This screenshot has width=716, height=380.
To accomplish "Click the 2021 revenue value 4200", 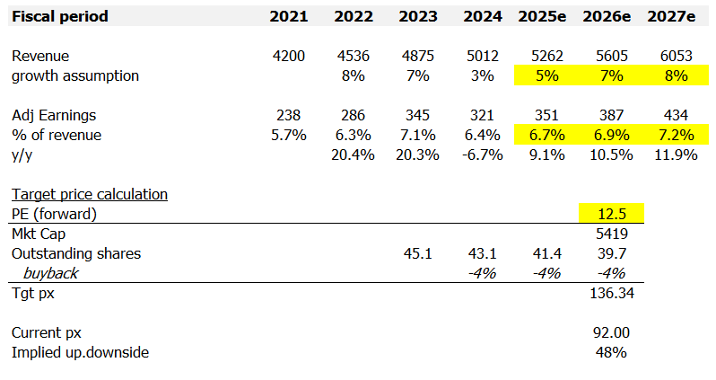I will pyautogui.click(x=289, y=57).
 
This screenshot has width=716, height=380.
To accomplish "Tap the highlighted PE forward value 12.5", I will pyautogui.click(x=611, y=214).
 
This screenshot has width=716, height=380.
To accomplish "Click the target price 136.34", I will pyautogui.click(x=611, y=294).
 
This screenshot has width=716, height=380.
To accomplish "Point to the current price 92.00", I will pyautogui.click(x=611, y=332).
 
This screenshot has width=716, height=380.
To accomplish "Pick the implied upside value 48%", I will pyautogui.click(x=611, y=352).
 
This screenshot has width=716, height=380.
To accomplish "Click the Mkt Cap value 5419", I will pyautogui.click(x=611, y=234).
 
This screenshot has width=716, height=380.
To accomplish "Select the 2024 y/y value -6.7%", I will pyautogui.click(x=483, y=155).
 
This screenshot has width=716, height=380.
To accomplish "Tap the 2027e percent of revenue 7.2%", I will pyautogui.click(x=675, y=135).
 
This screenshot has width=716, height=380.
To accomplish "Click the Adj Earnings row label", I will pyautogui.click(x=54, y=116).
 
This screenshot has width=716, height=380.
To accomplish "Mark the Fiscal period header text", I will pyautogui.click(x=60, y=16).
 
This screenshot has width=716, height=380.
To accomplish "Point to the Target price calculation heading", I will pyautogui.click(x=89, y=194).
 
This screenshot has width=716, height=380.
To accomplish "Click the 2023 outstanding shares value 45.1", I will pyautogui.click(x=418, y=253).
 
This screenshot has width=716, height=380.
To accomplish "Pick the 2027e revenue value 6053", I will pyautogui.click(x=675, y=57).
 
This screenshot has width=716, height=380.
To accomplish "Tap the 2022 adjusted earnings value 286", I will pyautogui.click(x=354, y=116).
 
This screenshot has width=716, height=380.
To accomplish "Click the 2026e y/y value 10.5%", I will pyautogui.click(x=611, y=155).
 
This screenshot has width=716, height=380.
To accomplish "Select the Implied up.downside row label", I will pyautogui.click(x=80, y=352).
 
